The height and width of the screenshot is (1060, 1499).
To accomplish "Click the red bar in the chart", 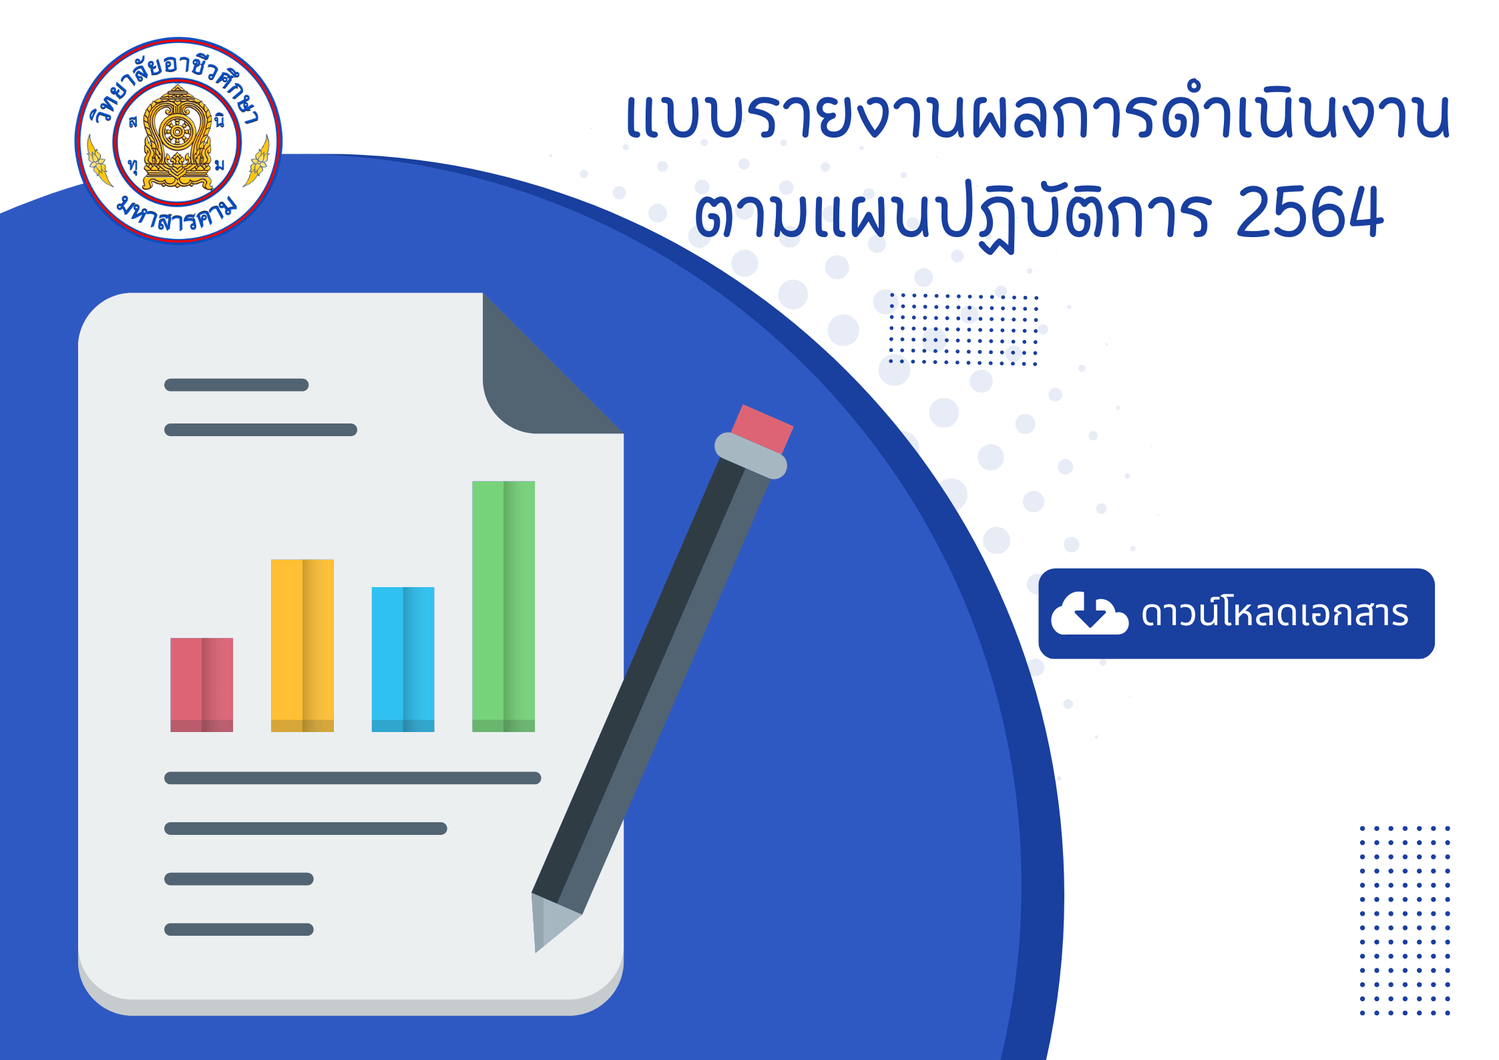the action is tap(202, 685).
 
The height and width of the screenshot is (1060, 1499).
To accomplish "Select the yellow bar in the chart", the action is tap(302, 645).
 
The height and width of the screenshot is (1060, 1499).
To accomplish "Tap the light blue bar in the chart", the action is tap(403, 659).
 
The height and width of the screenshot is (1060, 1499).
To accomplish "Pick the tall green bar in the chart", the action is tap(503, 606).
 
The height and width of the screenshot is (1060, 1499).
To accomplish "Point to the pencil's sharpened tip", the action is tap(536, 950).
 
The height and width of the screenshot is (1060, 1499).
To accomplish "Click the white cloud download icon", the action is tap(1090, 612).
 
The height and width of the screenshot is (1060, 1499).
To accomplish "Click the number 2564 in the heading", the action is tap(1309, 212).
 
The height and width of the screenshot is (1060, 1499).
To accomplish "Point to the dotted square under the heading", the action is tap(963, 329).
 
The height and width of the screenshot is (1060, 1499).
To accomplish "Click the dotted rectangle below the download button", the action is tap(1405, 920).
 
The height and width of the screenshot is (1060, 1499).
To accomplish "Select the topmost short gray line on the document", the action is tap(236, 385).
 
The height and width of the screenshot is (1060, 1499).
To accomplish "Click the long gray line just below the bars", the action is tap(353, 778).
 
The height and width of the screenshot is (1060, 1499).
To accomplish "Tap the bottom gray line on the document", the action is tap(239, 929).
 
